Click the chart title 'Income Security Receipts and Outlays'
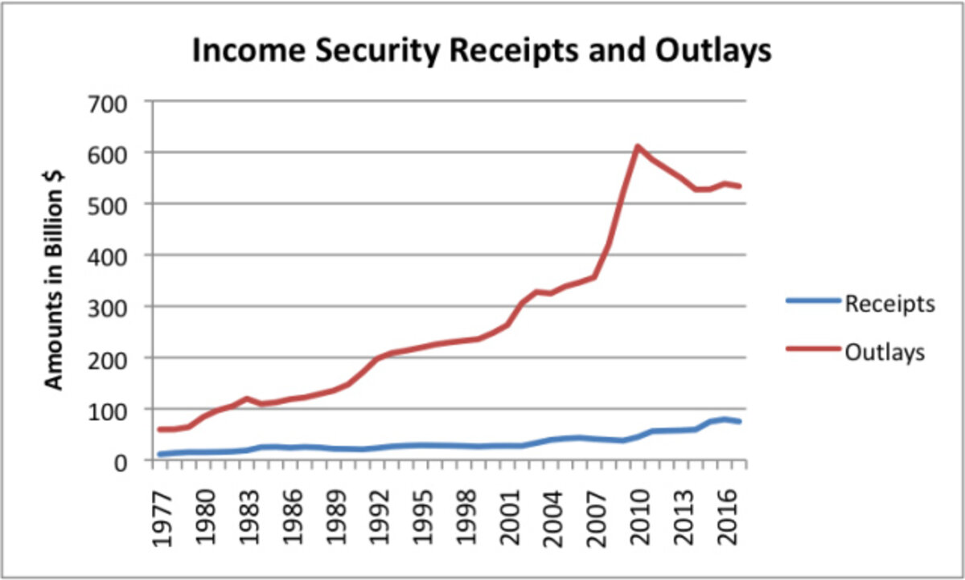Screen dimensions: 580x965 point(481,51)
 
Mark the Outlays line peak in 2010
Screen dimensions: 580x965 point(637,147)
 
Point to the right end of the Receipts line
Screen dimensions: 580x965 point(739,422)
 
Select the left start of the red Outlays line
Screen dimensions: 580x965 point(159,429)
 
